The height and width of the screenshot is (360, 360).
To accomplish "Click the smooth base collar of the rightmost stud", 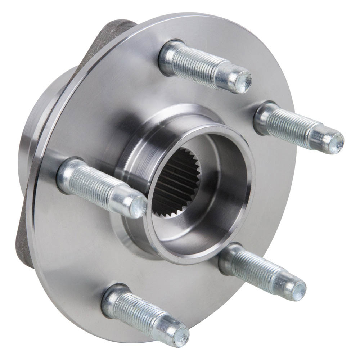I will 265,115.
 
